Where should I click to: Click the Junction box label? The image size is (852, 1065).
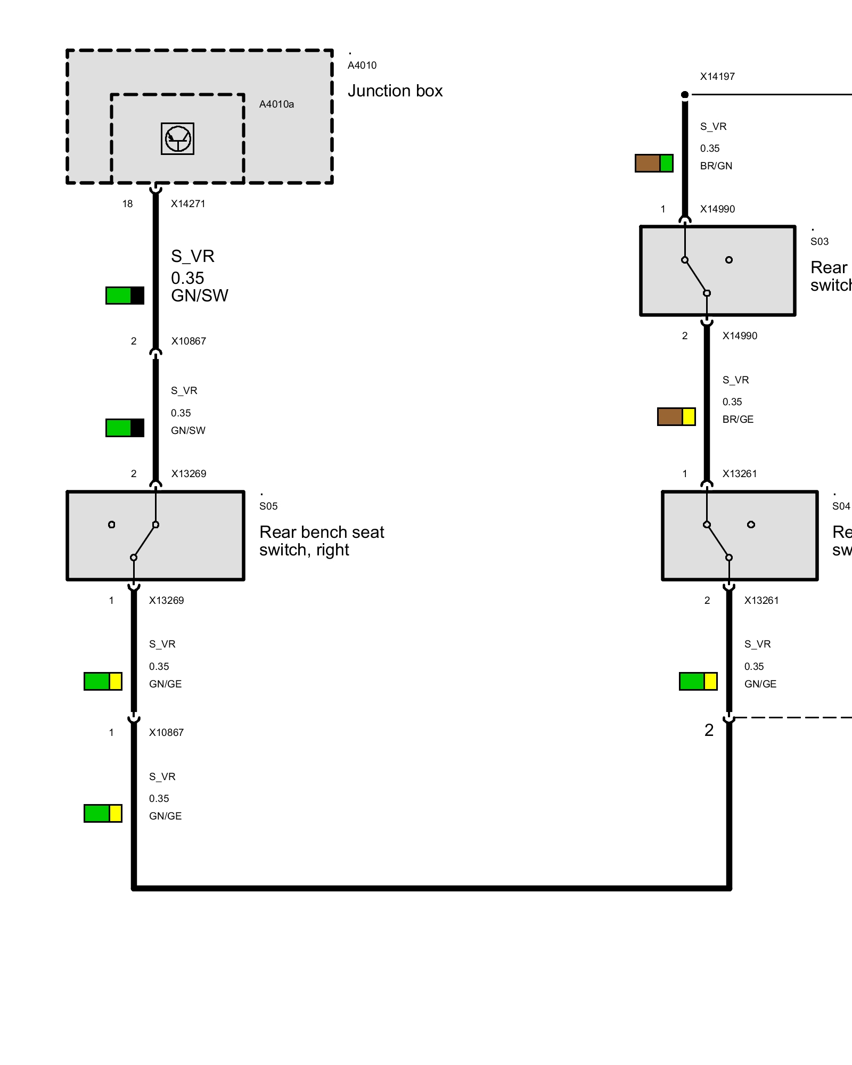395,91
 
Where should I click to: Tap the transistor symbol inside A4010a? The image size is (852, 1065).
178,139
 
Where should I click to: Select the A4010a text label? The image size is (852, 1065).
276,104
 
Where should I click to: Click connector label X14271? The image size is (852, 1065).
188,204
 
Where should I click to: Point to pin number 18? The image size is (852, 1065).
127,204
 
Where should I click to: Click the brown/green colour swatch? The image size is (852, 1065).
654,163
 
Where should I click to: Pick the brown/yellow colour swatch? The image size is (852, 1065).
676,417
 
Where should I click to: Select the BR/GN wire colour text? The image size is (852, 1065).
716,166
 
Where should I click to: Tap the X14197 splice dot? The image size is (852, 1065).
685,95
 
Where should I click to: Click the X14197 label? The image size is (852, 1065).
717,77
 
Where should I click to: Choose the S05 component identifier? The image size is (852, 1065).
268,506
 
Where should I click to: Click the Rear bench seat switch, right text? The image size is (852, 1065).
322,541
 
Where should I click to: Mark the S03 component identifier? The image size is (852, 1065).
820,242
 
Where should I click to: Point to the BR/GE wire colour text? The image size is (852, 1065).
738,420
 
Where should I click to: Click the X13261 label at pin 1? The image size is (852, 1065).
740,474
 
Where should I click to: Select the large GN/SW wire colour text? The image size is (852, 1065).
200,296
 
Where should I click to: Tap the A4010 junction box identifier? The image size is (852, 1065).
362,65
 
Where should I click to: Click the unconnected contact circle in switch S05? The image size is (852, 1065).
111,525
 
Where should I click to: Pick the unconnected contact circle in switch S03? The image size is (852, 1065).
729,260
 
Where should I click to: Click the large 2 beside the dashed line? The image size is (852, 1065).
709,730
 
